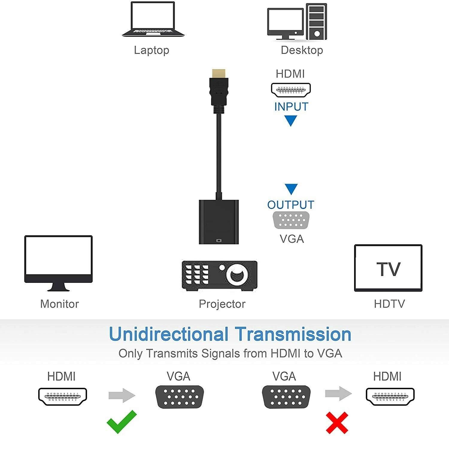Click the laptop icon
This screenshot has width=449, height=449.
tap(153, 19)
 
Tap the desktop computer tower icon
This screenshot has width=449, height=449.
tap(316, 22)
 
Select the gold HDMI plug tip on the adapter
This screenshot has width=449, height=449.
tap(219, 73)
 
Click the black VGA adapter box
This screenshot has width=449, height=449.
tap(219, 222)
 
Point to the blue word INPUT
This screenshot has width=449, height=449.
tap(291, 107)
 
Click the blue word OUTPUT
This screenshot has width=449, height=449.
tap(291, 205)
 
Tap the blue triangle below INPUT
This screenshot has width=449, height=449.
tap(290, 121)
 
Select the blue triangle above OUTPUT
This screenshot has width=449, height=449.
tap(291, 189)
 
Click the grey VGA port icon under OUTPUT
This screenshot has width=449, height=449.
tap(291, 220)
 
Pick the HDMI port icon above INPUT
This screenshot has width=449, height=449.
tap(291, 90)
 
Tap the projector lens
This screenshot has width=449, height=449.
tap(237, 274)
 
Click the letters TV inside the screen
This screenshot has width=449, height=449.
tap(388, 269)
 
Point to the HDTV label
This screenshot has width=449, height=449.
tap(389, 304)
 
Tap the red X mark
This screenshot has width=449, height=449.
tap(337, 423)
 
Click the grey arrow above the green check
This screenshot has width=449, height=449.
tap(122, 395)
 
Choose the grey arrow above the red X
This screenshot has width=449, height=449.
tap(338, 393)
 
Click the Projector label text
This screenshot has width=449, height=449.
tap(222, 304)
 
